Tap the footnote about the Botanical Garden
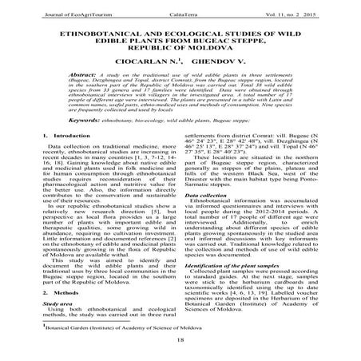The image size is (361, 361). [x=129, y=328]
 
